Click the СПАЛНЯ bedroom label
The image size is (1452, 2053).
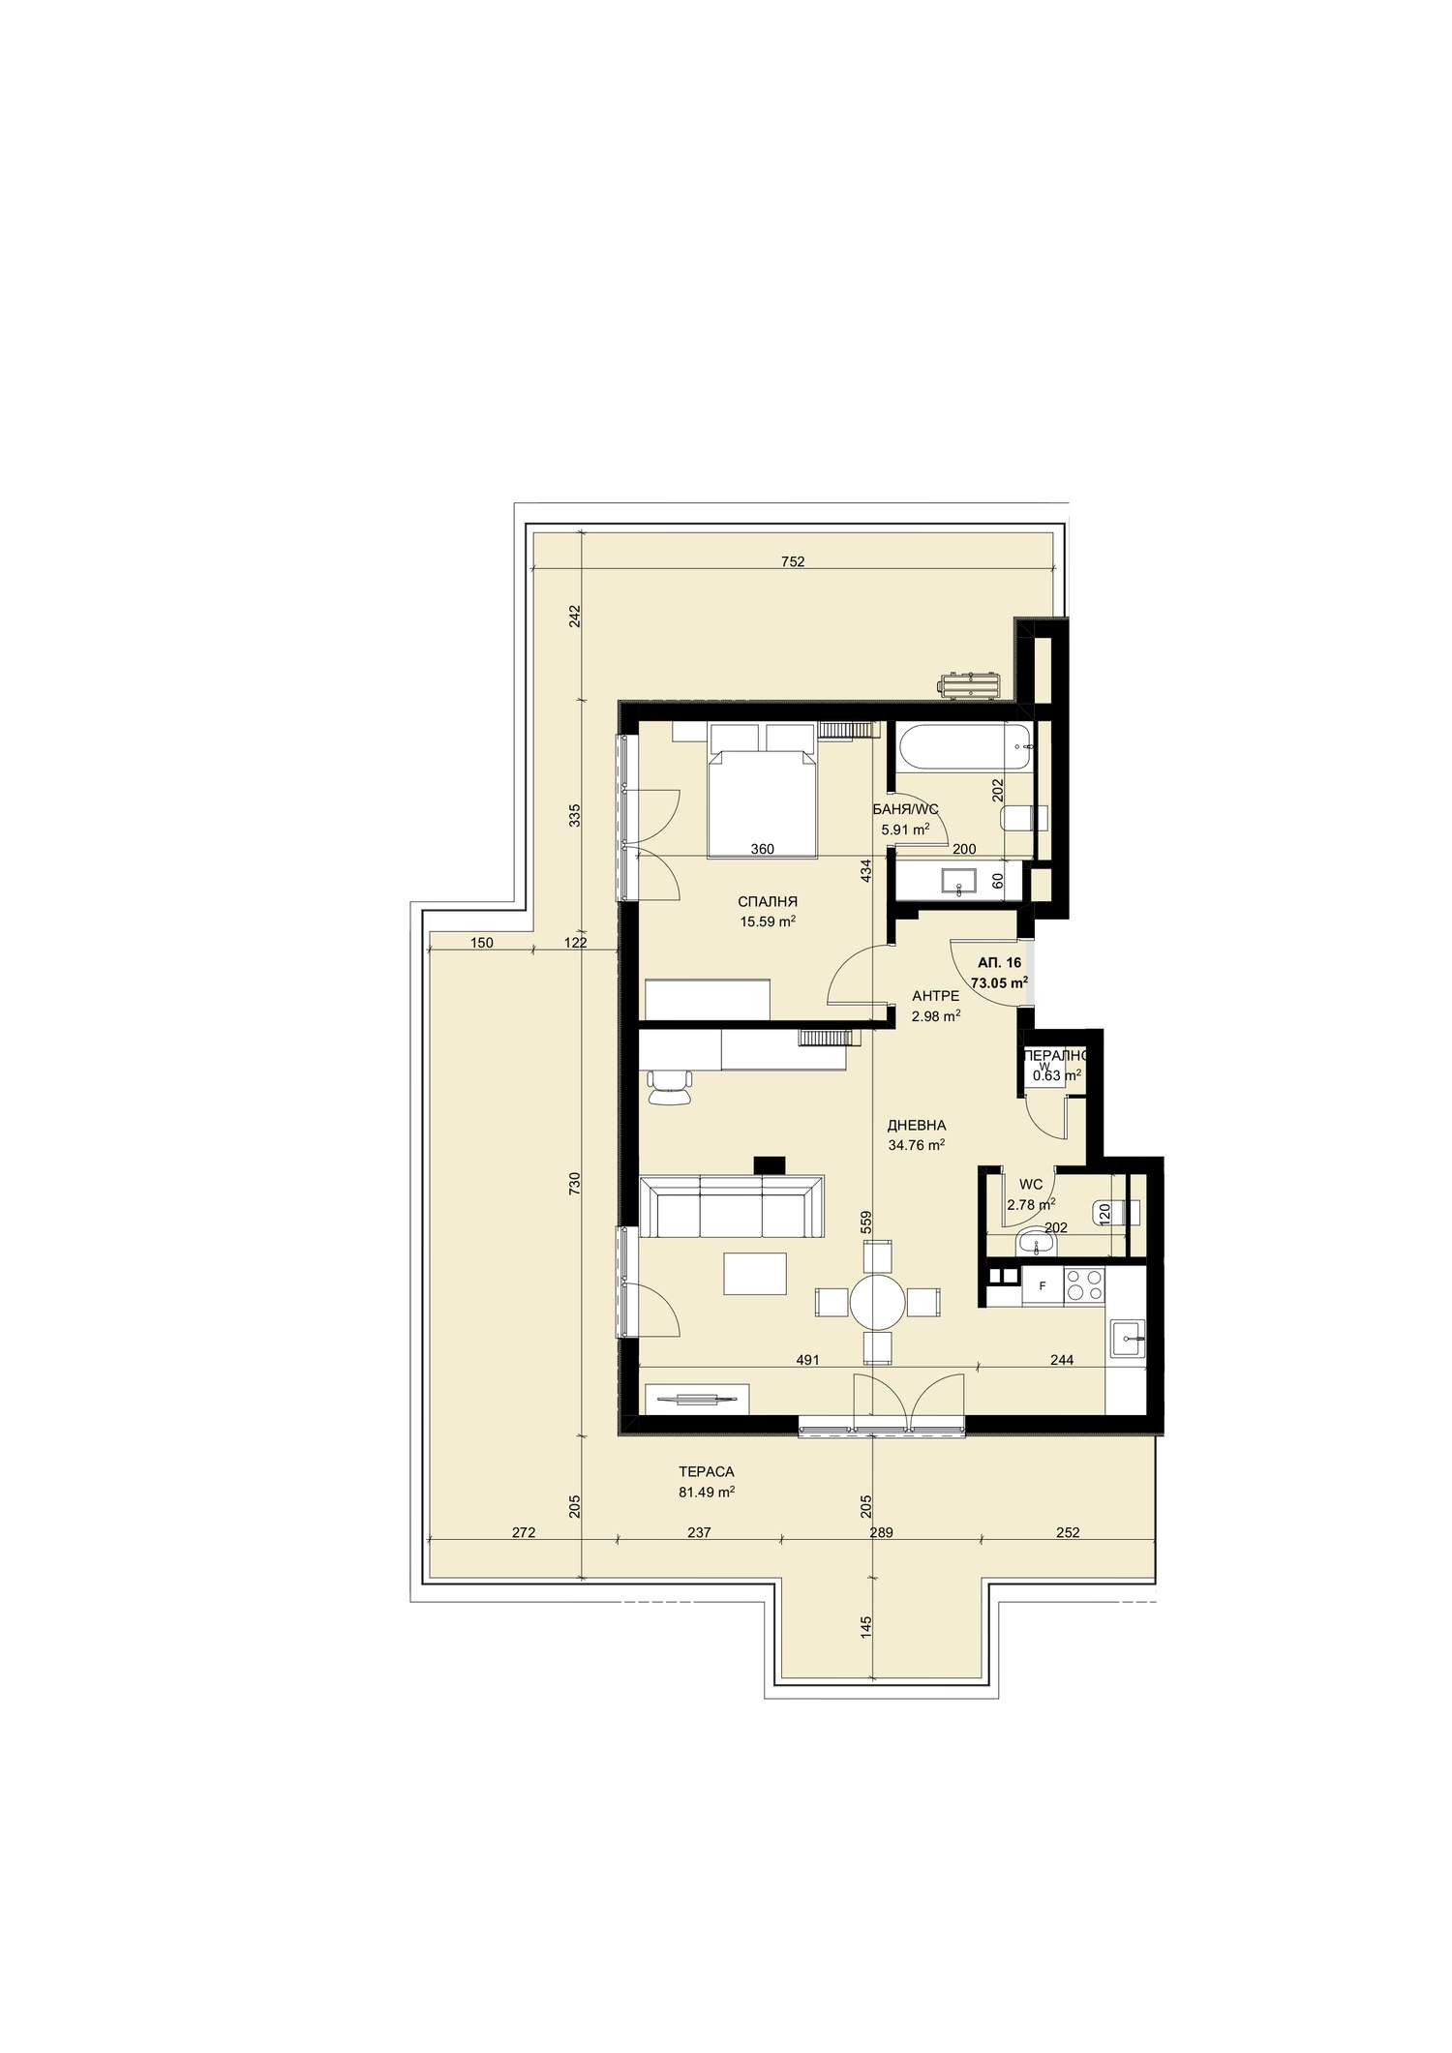tap(768, 902)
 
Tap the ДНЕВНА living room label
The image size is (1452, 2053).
tap(917, 1126)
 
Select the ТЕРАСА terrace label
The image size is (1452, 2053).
tap(707, 1472)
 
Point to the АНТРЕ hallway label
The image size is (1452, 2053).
tap(936, 996)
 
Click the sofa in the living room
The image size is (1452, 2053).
tap(732, 1205)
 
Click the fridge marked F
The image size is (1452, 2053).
tap(1042, 1286)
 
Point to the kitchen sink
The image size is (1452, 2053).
tap(1128, 1342)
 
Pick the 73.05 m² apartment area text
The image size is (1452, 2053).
tap(1000, 981)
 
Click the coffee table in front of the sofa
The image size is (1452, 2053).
tap(755, 1273)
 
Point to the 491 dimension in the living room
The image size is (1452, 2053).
tap(808, 1359)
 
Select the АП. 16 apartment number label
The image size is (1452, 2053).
tap(1000, 963)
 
